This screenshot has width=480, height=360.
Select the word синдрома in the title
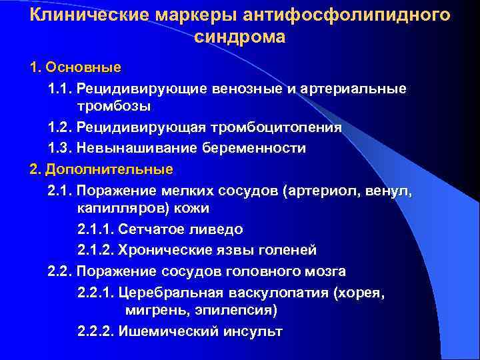pyautogui.click(x=240, y=37)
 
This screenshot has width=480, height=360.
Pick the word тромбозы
pyautogui.click(x=113, y=107)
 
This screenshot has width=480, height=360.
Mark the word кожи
pyautogui.click(x=193, y=209)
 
